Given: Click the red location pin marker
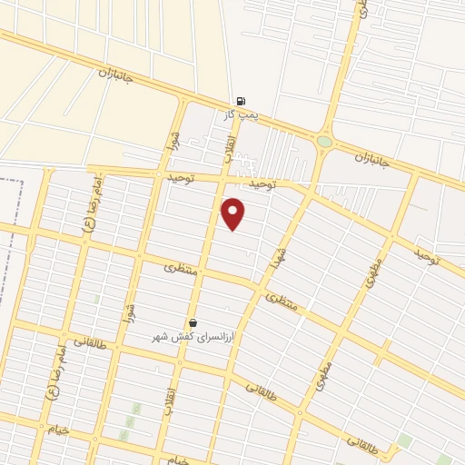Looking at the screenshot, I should click(x=234, y=213).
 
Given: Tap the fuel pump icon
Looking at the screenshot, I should click(x=239, y=101).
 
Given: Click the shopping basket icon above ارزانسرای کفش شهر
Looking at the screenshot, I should click(x=193, y=322).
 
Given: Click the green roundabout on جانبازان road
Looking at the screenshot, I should click(x=324, y=141).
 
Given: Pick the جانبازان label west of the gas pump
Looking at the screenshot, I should click(x=115, y=74).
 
